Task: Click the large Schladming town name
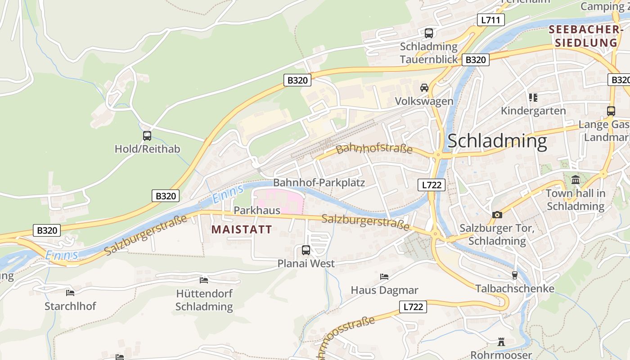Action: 497,141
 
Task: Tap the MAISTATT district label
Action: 242,229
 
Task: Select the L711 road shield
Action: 491,20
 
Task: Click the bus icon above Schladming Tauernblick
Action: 429,33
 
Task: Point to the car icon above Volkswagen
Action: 424,88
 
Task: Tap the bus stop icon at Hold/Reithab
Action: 147,136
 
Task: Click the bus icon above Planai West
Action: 306,250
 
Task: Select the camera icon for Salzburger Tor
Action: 497,215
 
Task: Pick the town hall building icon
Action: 576,180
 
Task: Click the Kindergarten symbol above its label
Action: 533,98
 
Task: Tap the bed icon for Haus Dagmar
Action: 384,276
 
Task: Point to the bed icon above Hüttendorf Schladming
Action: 204,280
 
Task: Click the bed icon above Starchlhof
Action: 70,292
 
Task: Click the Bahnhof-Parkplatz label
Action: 319,183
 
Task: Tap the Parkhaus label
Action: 257,210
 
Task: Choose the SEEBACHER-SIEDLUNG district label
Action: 585,36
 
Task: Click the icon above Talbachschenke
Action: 515,275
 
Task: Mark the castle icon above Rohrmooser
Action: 501,342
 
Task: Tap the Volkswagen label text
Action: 424,101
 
